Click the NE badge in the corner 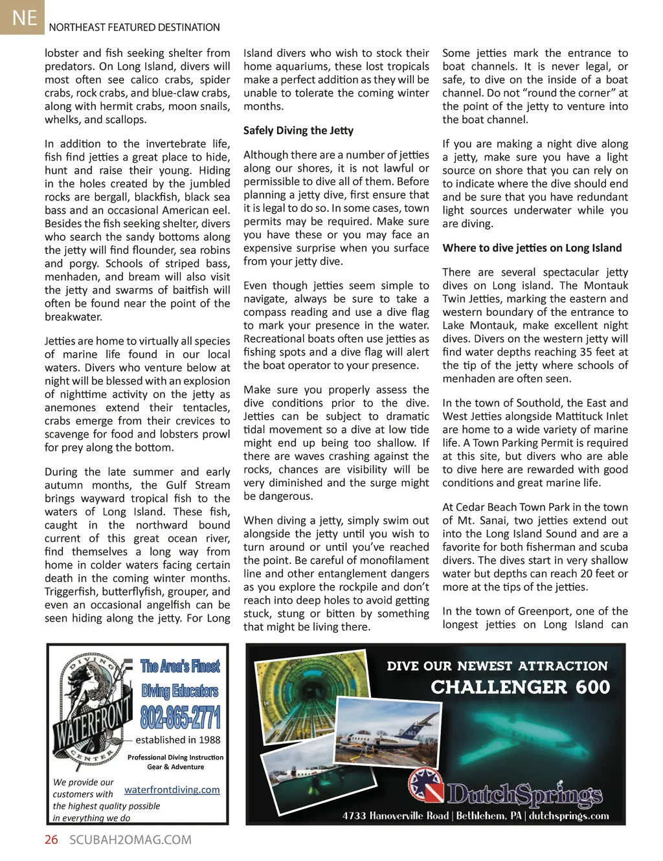tap(24, 17)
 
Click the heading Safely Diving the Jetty tap(298, 130)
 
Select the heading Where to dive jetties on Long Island tap(532, 248)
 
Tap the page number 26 tap(51, 840)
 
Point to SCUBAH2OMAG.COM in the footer tap(130, 840)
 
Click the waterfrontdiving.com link tap(172, 790)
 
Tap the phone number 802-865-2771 tap(181, 717)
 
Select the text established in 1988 tap(178, 740)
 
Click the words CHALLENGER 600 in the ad tap(521, 687)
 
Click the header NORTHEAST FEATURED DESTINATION tap(134, 27)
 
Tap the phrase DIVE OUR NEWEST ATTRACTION tap(497, 666)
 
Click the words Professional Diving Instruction tap(175, 757)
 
